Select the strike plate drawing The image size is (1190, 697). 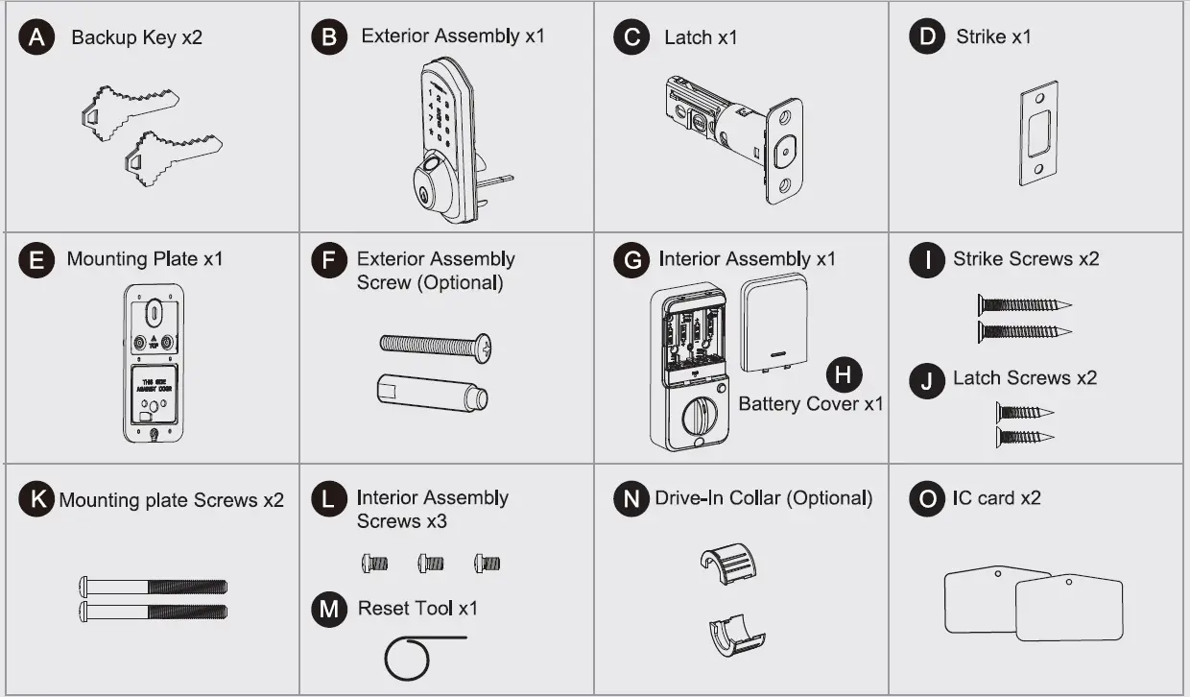tap(1037, 138)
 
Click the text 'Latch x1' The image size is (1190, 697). tap(701, 37)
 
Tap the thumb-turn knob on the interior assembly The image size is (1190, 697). tap(699, 417)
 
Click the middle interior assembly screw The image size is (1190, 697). tap(431, 564)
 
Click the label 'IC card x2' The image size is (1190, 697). tap(996, 498)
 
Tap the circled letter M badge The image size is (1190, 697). tap(329, 609)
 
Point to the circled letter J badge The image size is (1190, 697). tap(926, 379)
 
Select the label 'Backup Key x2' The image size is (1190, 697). tap(136, 38)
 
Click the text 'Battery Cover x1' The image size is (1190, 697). tap(810, 404)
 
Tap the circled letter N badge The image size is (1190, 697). tap(630, 499)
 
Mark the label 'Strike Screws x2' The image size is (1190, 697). tap(1025, 259)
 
